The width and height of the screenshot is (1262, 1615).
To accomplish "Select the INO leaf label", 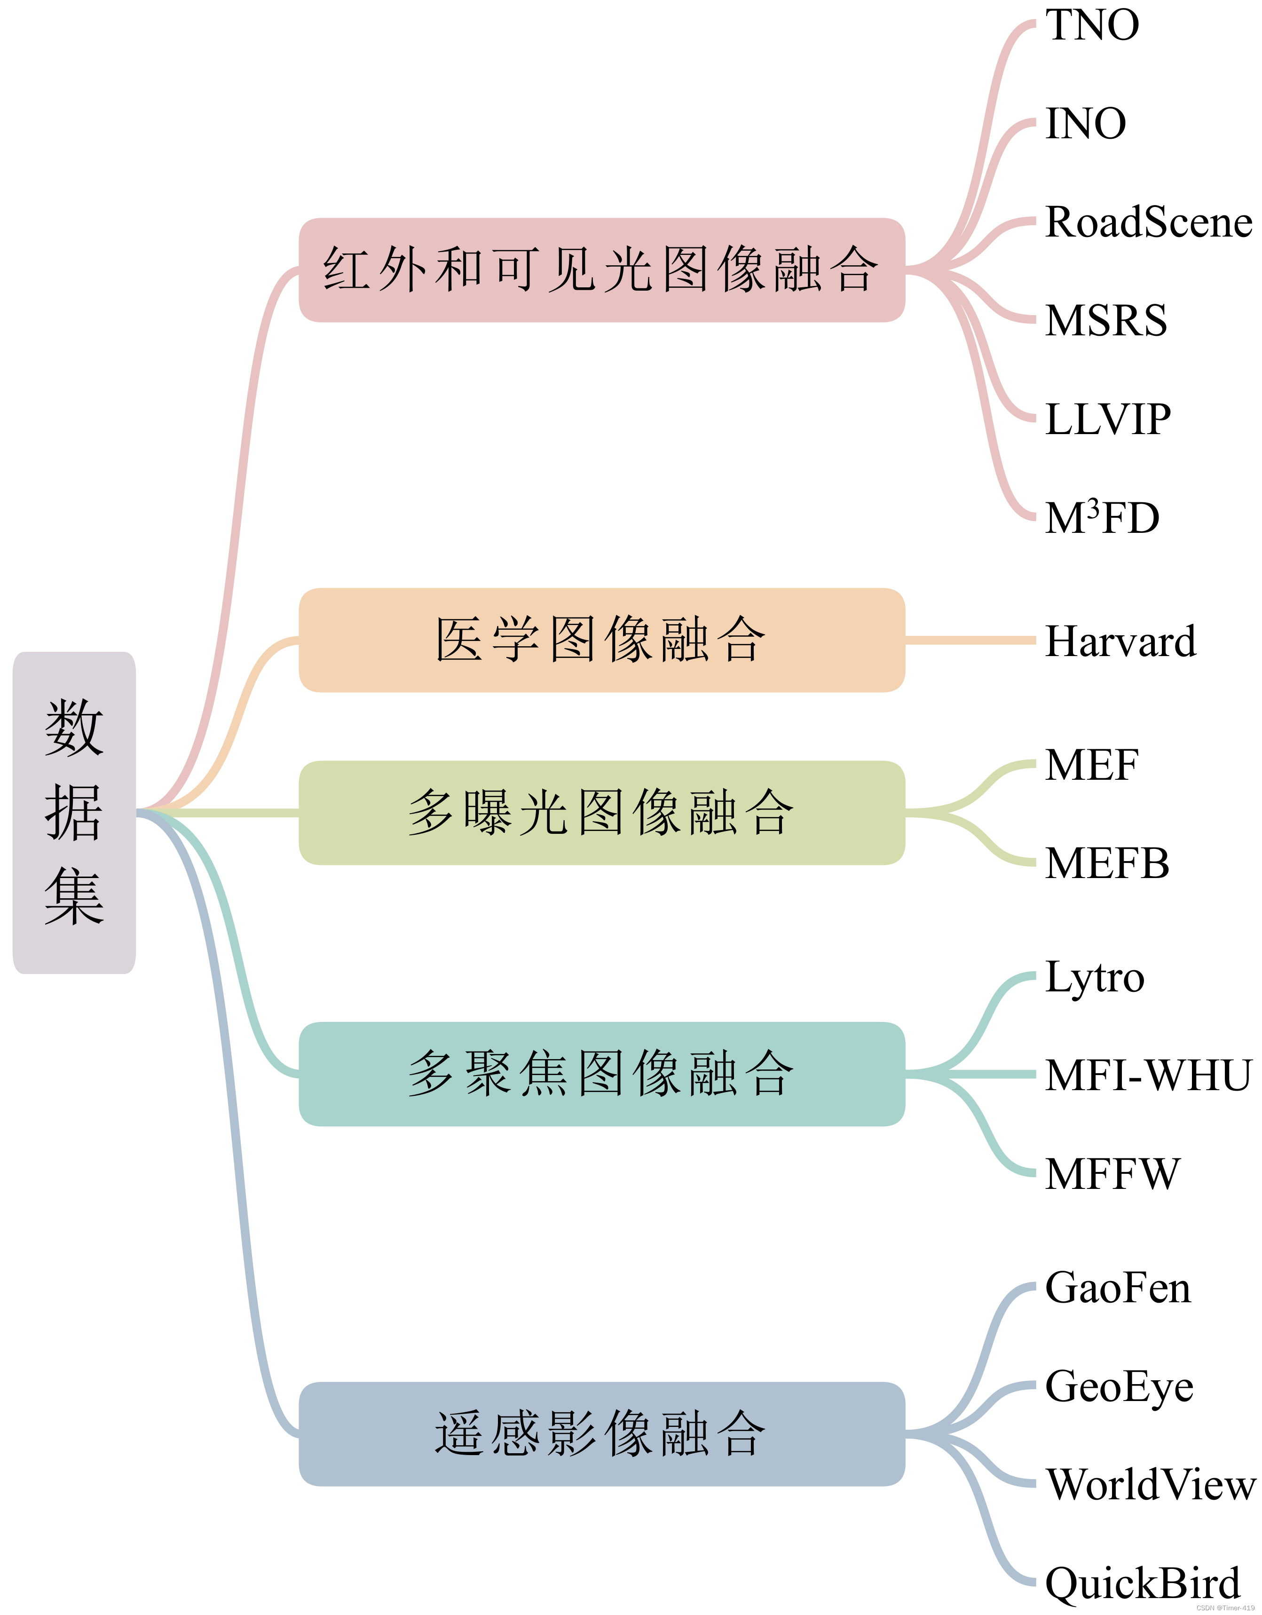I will pos(1085,124).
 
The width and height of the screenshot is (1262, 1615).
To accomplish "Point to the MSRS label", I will pos(1106,321).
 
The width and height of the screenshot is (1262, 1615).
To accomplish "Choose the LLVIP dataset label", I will pos(1107,420).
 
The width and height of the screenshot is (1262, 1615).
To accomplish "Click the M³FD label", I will pos(1102,518).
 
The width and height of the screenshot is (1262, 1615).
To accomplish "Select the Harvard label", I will pos(1120,641).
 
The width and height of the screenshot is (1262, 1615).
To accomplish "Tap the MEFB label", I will pos(1107,863).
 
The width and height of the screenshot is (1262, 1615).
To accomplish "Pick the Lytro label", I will pos(1094,978).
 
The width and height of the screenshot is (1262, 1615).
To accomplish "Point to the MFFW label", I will pos(1112,1174).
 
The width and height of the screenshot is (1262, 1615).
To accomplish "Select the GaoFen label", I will pos(1117,1288).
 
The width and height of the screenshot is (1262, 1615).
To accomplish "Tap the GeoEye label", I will pos(1119,1387).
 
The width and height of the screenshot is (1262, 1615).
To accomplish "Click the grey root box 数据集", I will pos(74,813).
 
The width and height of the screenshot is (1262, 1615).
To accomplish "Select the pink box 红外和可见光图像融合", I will pos(601,270).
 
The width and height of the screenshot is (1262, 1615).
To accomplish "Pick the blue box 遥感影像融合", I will pos(601,1434).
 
